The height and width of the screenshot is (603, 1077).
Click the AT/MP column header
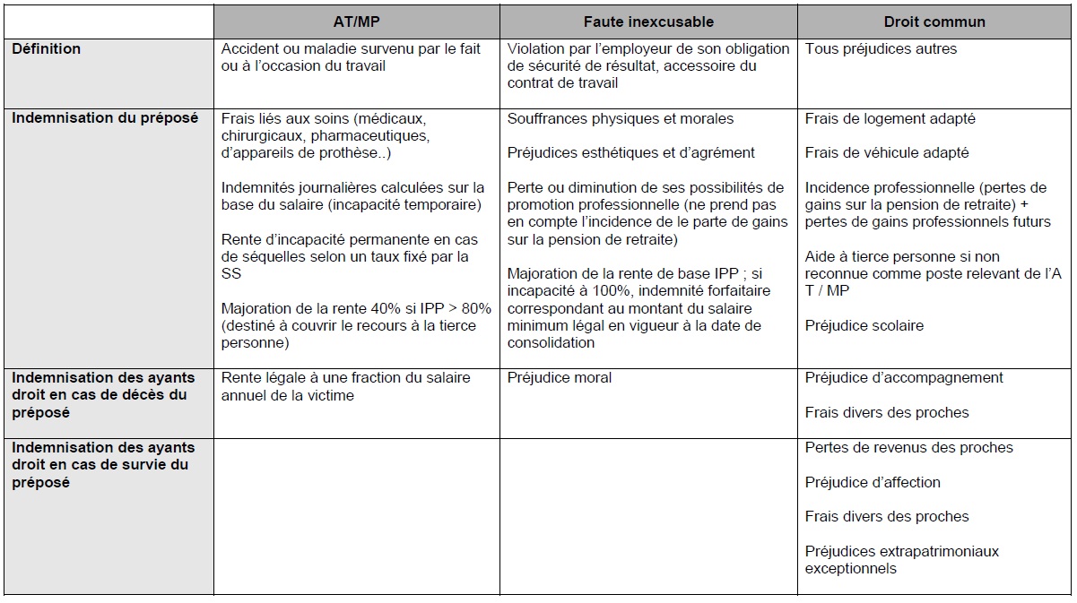click(357, 22)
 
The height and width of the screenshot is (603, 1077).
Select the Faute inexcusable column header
click(648, 22)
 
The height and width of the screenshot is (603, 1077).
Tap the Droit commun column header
click(934, 22)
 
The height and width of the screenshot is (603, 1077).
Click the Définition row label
click(46, 49)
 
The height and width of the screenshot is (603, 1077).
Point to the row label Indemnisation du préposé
click(105, 118)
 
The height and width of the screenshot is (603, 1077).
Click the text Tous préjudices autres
click(881, 49)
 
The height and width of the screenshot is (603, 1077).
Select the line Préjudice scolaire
click(864, 325)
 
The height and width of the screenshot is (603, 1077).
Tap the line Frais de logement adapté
click(890, 118)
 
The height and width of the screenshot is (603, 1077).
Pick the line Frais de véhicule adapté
click(887, 153)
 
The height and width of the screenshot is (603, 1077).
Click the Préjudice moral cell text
click(560, 378)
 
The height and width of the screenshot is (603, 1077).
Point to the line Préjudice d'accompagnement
click(904, 378)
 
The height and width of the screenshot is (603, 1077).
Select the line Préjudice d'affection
click(873, 482)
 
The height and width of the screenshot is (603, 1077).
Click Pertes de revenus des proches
click(908, 447)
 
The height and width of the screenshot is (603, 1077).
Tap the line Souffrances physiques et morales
click(621, 118)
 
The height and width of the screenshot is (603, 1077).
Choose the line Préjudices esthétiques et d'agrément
click(631, 153)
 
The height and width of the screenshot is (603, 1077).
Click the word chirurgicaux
click(261, 136)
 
